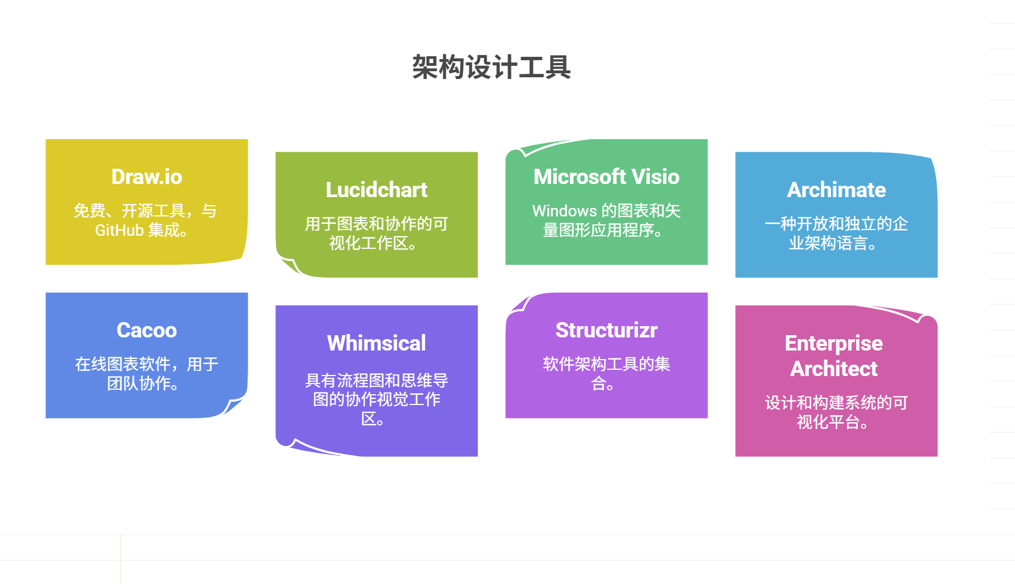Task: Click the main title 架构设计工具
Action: (x=491, y=67)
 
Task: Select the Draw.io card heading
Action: (x=146, y=177)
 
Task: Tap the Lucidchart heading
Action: (x=376, y=190)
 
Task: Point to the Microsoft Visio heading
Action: (x=606, y=177)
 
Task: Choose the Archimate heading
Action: (x=836, y=190)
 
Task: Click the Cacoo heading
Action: (x=146, y=331)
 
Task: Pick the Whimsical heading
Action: (x=376, y=343)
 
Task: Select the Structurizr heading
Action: (x=606, y=331)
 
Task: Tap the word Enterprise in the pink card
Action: (x=833, y=343)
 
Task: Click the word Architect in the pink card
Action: (x=833, y=369)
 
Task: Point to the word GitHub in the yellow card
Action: (x=119, y=231)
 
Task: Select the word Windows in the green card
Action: (x=564, y=211)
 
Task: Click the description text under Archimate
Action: (x=836, y=233)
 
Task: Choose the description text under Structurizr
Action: (x=606, y=373)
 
